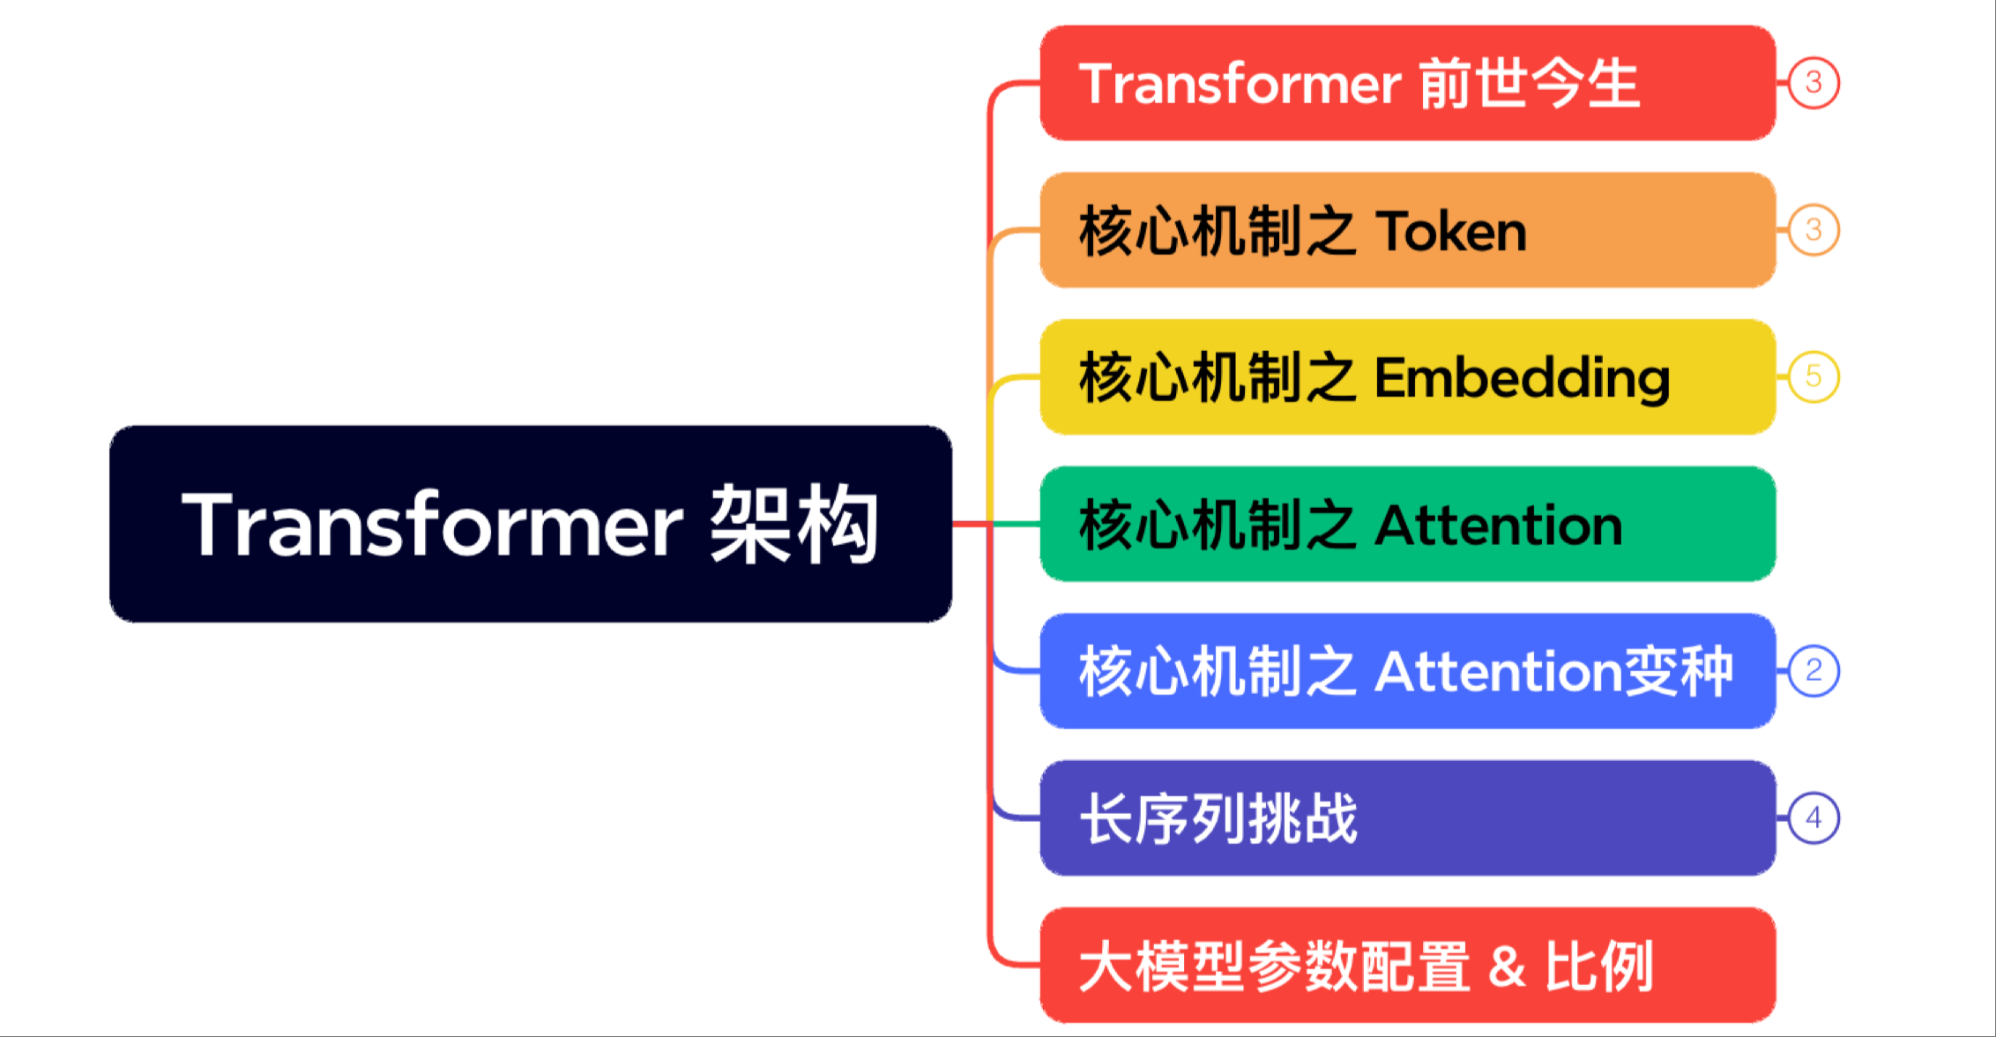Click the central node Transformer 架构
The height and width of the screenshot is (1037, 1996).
click(531, 524)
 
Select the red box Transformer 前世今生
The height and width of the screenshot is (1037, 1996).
click(1408, 83)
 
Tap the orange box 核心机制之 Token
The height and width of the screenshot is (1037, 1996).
click(1408, 230)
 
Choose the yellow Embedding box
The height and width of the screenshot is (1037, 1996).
click(1408, 377)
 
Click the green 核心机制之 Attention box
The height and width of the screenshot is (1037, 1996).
click(1408, 524)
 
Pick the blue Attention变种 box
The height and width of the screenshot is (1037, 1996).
click(1408, 671)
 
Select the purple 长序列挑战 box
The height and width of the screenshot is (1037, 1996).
click(1408, 818)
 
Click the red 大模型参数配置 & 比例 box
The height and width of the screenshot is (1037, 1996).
click(1408, 966)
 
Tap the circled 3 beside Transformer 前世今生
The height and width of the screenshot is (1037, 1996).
click(1814, 83)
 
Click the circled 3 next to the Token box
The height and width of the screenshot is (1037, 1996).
click(1814, 230)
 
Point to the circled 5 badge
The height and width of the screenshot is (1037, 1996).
click(1814, 377)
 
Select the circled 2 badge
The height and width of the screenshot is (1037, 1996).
click(1814, 671)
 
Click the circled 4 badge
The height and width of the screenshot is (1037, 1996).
click(1814, 818)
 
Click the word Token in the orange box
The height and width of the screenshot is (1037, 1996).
click(1451, 232)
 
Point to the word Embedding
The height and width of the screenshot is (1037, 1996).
click(1523, 379)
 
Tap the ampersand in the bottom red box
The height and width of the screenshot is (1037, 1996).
click(1507, 966)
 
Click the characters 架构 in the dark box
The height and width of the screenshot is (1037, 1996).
click(794, 524)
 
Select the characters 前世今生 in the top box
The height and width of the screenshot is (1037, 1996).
click(1530, 84)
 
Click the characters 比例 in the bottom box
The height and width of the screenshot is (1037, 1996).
click(1599, 966)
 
